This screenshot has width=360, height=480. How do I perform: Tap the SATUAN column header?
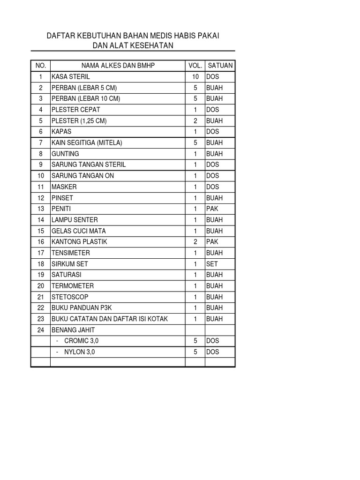[x=220, y=66]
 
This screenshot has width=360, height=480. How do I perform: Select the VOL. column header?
[x=195, y=66]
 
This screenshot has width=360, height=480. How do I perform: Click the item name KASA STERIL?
[x=71, y=76]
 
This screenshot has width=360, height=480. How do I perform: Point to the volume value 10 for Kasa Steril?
[x=195, y=76]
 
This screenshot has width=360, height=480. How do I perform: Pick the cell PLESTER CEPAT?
[x=76, y=110]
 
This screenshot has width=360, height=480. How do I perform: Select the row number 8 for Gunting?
[x=41, y=154]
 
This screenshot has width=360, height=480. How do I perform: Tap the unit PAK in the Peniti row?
[x=212, y=209]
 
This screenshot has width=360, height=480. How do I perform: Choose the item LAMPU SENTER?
[x=75, y=220]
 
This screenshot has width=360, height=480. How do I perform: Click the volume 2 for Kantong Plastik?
[x=195, y=242]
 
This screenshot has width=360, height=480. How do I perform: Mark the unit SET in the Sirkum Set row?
[x=212, y=264]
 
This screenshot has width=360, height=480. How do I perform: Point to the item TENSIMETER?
[x=71, y=253]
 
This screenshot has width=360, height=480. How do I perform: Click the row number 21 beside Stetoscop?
[x=41, y=297]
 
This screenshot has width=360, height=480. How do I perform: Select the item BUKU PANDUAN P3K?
[x=81, y=308]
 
